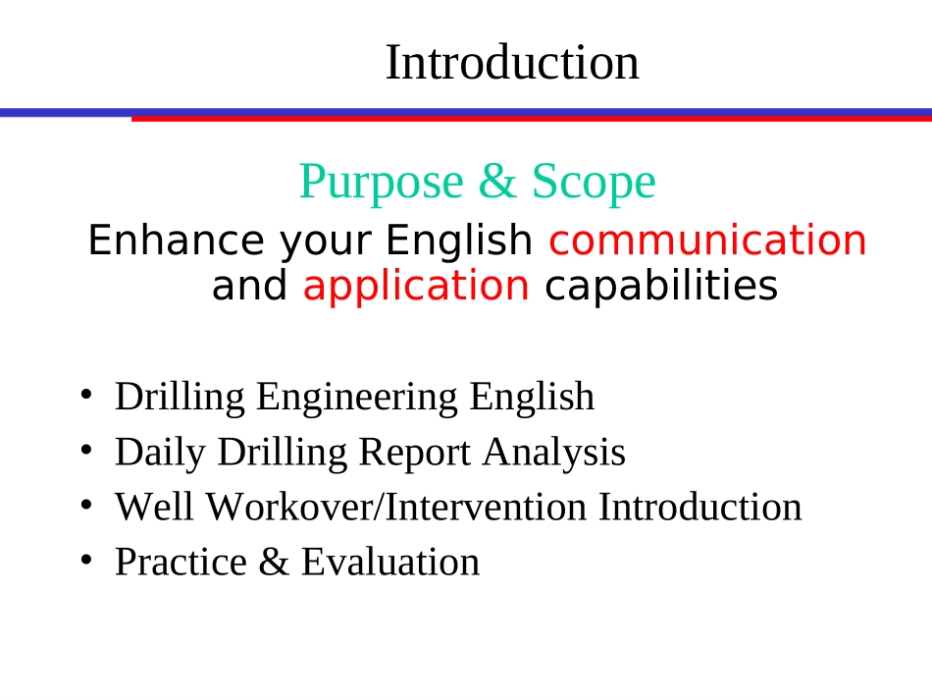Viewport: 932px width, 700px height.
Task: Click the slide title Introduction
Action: [x=512, y=63]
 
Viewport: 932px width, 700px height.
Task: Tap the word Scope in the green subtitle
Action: [x=593, y=182]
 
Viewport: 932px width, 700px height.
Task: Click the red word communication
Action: [x=708, y=241]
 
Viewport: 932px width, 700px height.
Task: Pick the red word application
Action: [x=416, y=287]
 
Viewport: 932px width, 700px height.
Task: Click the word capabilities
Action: [x=660, y=287]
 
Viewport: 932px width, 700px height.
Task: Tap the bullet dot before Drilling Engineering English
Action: [x=86, y=395]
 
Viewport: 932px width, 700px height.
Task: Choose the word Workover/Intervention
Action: [x=398, y=507]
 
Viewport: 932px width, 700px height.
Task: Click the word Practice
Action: [x=181, y=562]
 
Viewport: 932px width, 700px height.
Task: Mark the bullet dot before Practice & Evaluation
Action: [x=86, y=560]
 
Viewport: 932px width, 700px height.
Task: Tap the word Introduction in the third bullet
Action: [x=699, y=507]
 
